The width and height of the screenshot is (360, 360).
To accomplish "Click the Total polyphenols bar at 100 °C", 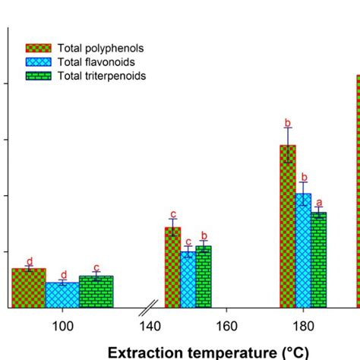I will pyautogui.click(x=28, y=289).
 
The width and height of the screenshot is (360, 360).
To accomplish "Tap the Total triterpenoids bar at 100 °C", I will pyautogui.click(x=96, y=292).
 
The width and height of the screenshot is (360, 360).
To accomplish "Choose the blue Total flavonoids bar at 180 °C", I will pyautogui.click(x=303, y=251).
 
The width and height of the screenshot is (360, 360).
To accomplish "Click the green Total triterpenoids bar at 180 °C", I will pyautogui.click(x=318, y=261).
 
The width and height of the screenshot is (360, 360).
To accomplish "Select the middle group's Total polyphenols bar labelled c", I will pyautogui.click(x=172, y=267).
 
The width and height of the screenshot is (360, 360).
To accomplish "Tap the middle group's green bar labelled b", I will pyautogui.click(x=203, y=277).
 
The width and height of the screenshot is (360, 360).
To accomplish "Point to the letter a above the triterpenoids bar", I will pyautogui.click(x=319, y=203).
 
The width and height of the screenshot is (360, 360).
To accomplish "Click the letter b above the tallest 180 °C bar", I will pyautogui.click(x=288, y=122).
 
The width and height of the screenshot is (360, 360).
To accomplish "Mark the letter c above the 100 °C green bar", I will pyautogui.click(x=96, y=268).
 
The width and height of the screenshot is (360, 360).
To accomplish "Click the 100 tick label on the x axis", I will pyautogui.click(x=62, y=326).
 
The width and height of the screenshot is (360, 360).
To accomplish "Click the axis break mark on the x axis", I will pyautogui.click(x=150, y=308).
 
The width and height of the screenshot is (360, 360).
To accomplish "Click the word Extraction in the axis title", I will pyautogui.click(x=144, y=352).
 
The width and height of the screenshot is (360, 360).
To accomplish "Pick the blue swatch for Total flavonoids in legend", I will pyautogui.click(x=38, y=62).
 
